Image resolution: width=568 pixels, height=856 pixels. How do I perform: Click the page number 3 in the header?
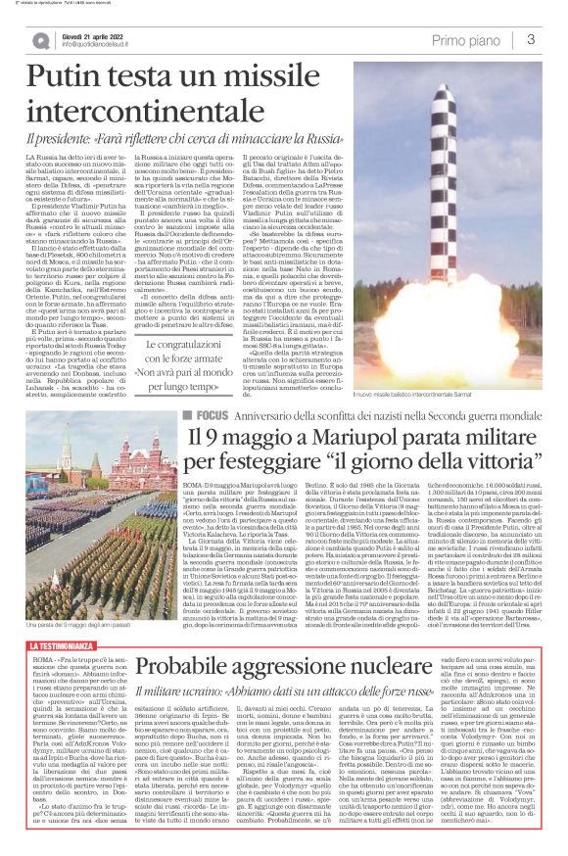coord(530,39)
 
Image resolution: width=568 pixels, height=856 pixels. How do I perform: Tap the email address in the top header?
coord(96,45)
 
